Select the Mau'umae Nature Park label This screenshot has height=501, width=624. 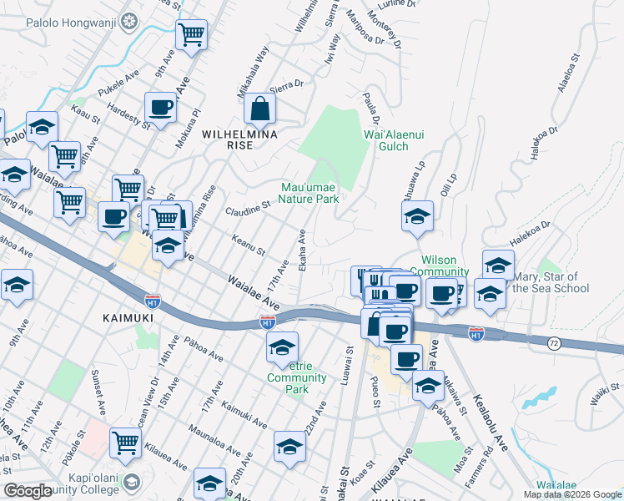pyautogui.click(x=309, y=193)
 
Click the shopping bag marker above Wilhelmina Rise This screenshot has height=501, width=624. pyautogui.click(x=259, y=108)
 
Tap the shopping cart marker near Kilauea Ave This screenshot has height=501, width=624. pyautogui.click(x=124, y=443)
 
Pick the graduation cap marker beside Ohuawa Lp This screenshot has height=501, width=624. pyautogui.click(x=416, y=216)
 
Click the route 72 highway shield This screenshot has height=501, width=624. pyautogui.click(x=554, y=343)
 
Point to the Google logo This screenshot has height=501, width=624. pyautogui.click(x=28, y=491)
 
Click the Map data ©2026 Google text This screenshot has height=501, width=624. pyautogui.click(x=572, y=494)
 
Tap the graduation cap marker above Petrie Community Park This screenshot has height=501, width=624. pyautogui.click(x=283, y=347)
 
